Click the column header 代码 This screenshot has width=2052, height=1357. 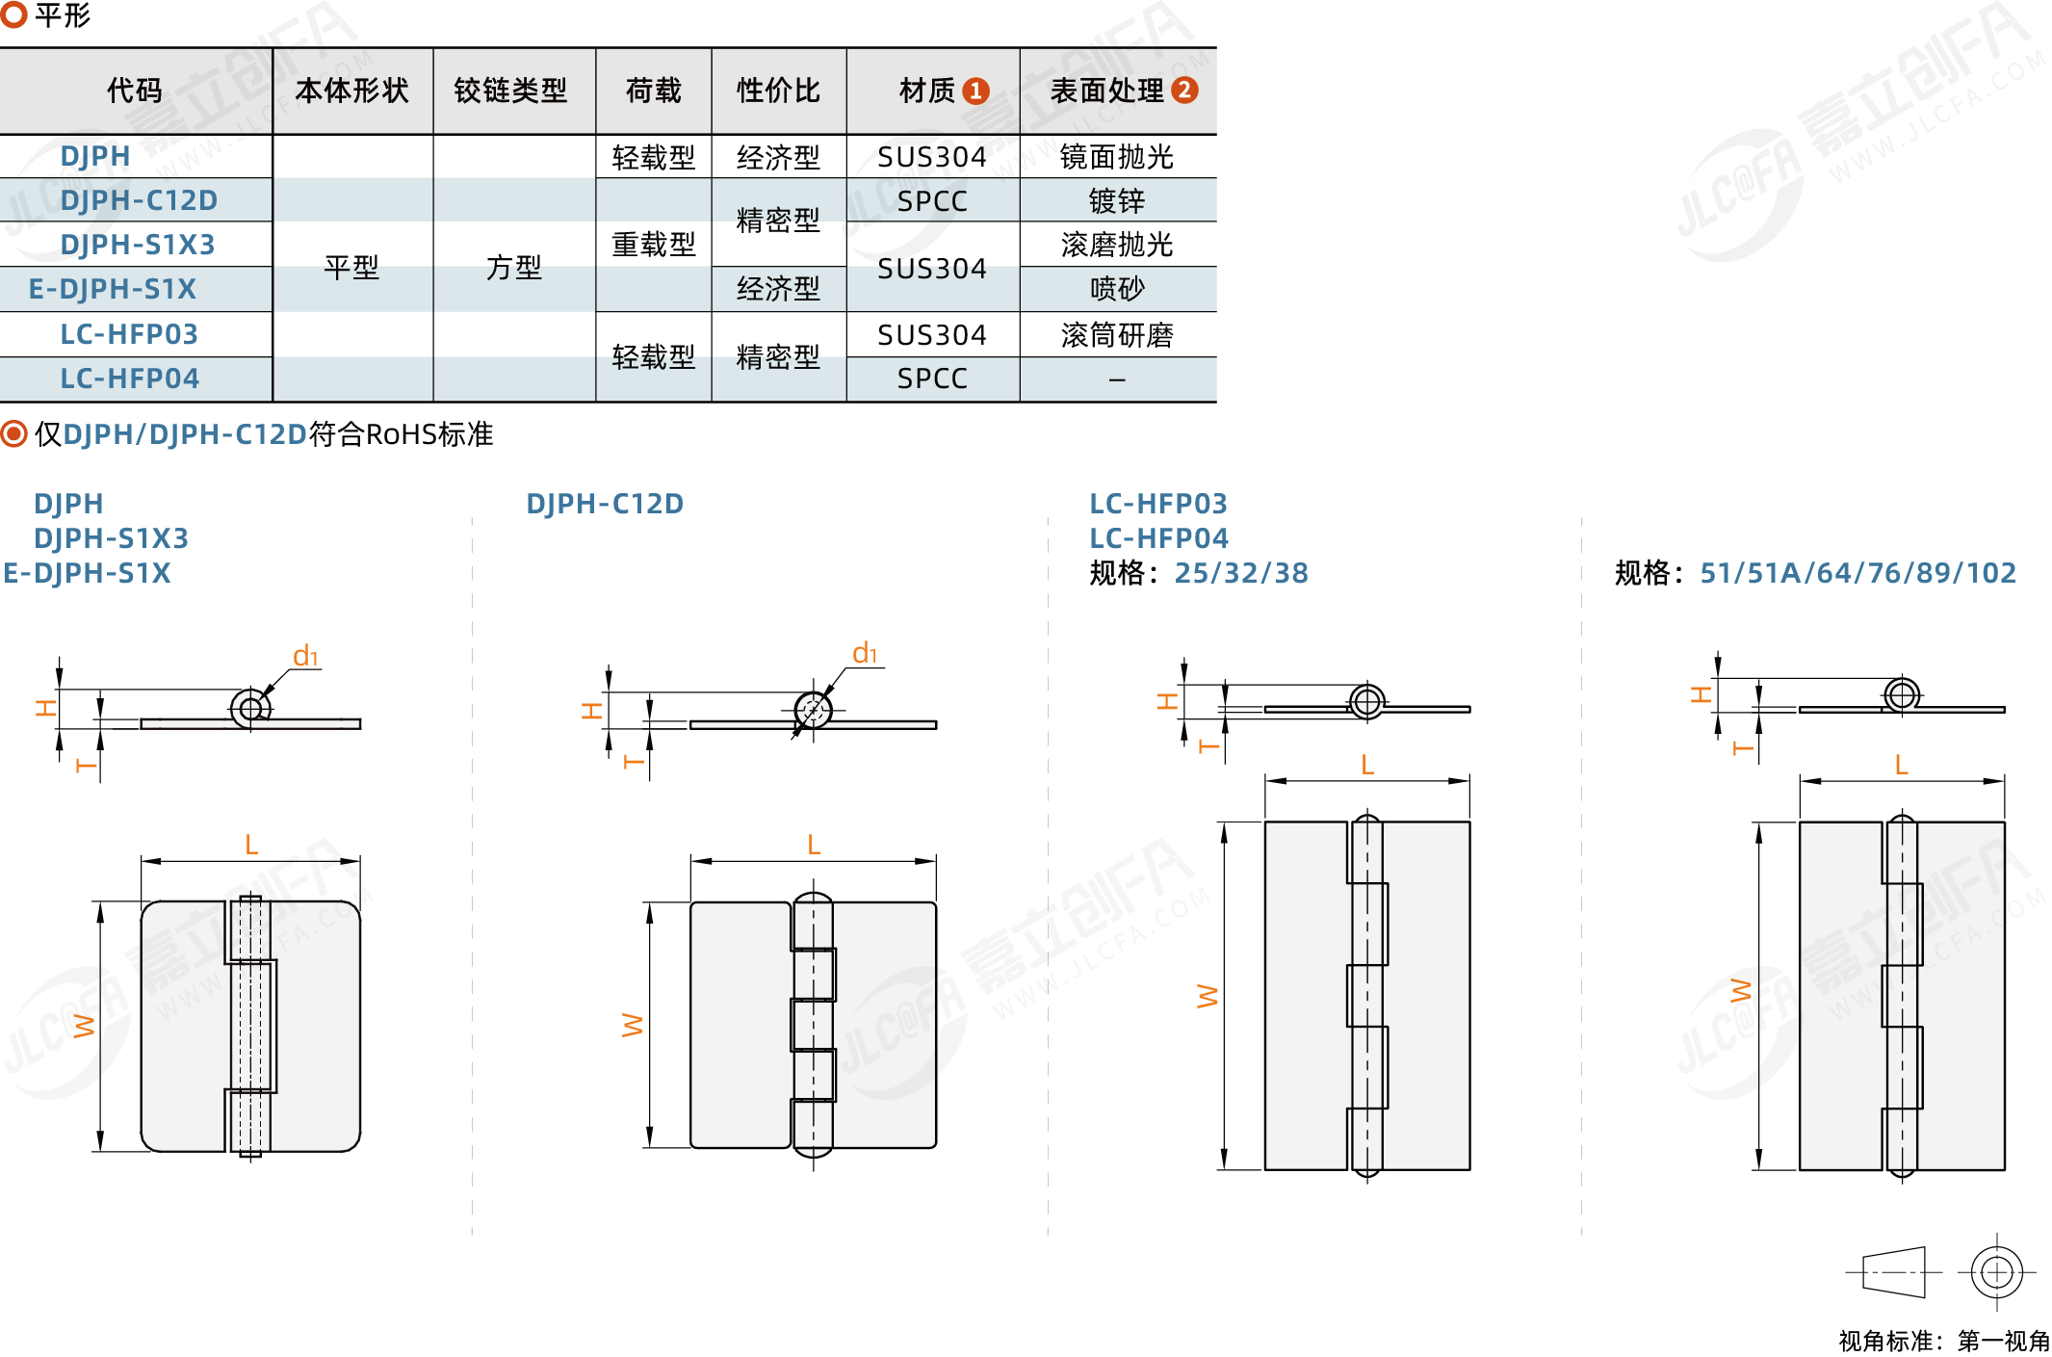135,91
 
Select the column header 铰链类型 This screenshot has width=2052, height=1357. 511,91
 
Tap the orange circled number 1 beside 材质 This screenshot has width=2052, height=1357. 976,91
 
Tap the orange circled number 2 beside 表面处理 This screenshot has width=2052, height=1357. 1184,90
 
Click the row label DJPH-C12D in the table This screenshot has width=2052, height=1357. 139,200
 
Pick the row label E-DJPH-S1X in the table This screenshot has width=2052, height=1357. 113,289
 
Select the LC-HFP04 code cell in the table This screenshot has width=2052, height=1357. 130,378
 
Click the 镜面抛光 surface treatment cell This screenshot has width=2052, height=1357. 1117,157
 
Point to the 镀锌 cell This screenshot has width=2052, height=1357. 1117,200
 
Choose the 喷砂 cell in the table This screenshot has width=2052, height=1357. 1117,289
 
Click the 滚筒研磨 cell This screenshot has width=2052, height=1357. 1117,335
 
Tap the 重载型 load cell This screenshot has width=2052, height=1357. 654,245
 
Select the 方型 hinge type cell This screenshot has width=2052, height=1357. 514,267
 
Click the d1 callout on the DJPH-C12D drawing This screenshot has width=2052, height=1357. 866,653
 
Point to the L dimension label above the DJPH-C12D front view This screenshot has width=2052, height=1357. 814,845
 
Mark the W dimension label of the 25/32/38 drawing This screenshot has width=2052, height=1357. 1207,996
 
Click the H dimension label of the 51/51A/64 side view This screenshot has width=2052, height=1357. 1701,694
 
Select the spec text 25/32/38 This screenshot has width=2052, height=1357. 1241,573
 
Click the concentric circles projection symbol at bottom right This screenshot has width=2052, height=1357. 1997,1272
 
